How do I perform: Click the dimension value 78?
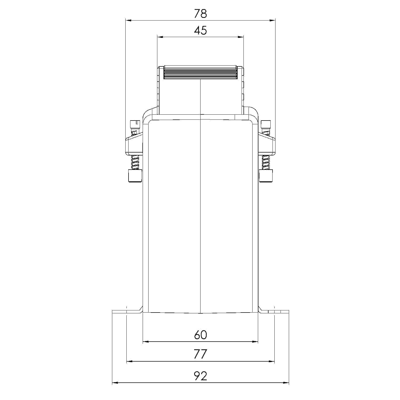200,14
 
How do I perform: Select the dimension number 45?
200,31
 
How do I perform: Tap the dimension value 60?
200,335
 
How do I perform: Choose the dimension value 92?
200,376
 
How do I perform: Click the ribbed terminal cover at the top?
201,72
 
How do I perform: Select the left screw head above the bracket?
135,124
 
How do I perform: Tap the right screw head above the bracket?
266,124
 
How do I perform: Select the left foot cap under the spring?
135,176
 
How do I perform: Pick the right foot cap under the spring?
266,176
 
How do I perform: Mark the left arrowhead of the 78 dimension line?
128,20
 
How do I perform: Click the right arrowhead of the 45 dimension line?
241,37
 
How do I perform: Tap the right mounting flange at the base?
275,312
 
